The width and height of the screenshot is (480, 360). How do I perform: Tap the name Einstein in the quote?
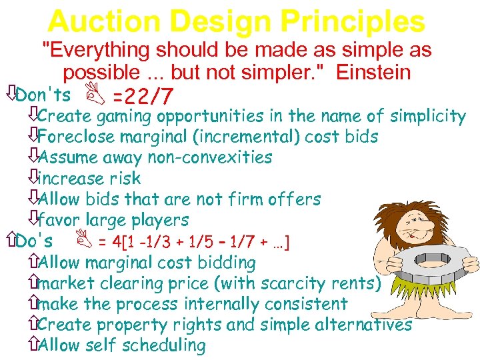pos(384,72)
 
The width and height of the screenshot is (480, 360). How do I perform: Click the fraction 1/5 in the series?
pos(198,241)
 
